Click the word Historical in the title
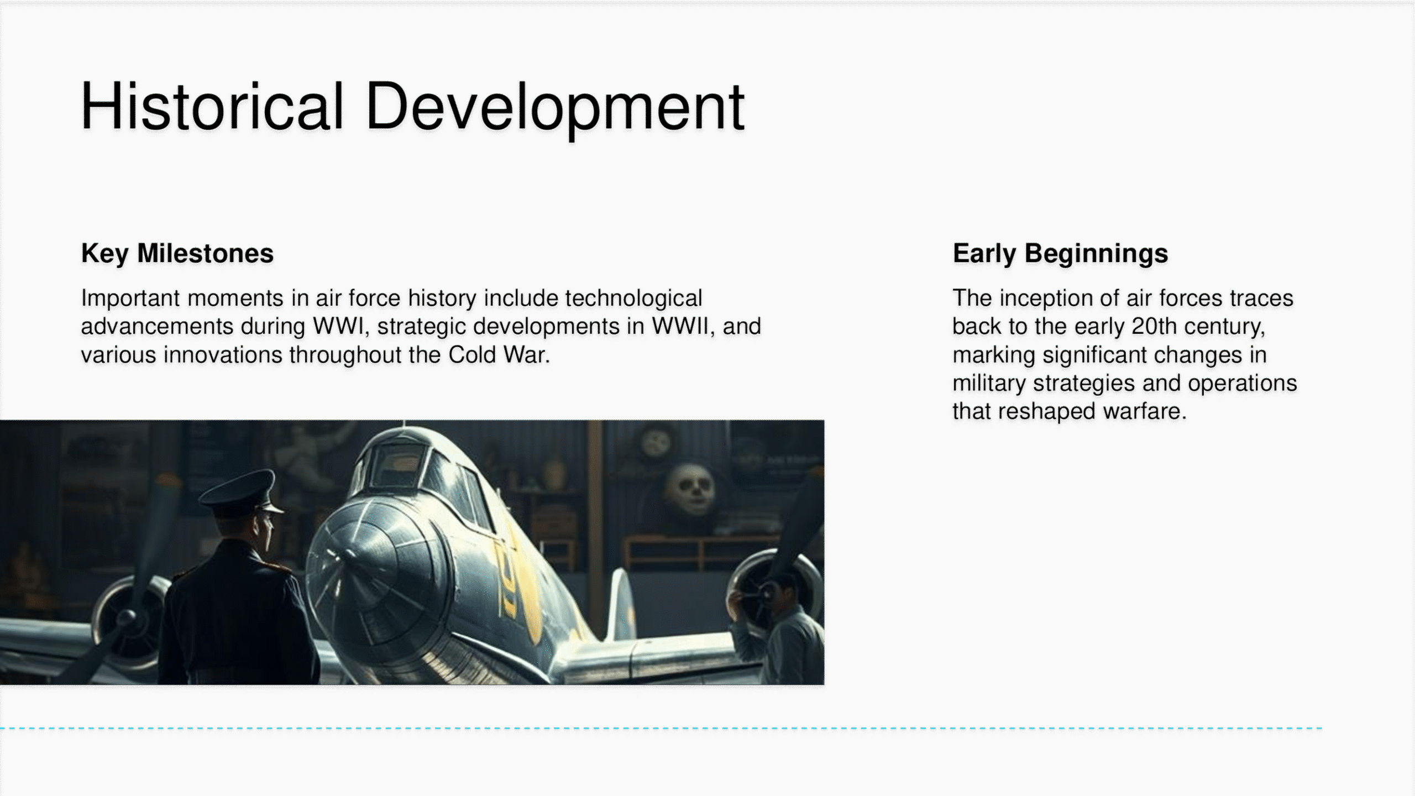tap(212, 106)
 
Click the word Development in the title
tap(555, 108)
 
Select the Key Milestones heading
tap(177, 254)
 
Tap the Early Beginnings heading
tap(1060, 254)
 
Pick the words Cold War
tap(499, 355)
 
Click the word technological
tap(633, 298)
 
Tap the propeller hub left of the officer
tap(127, 616)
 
